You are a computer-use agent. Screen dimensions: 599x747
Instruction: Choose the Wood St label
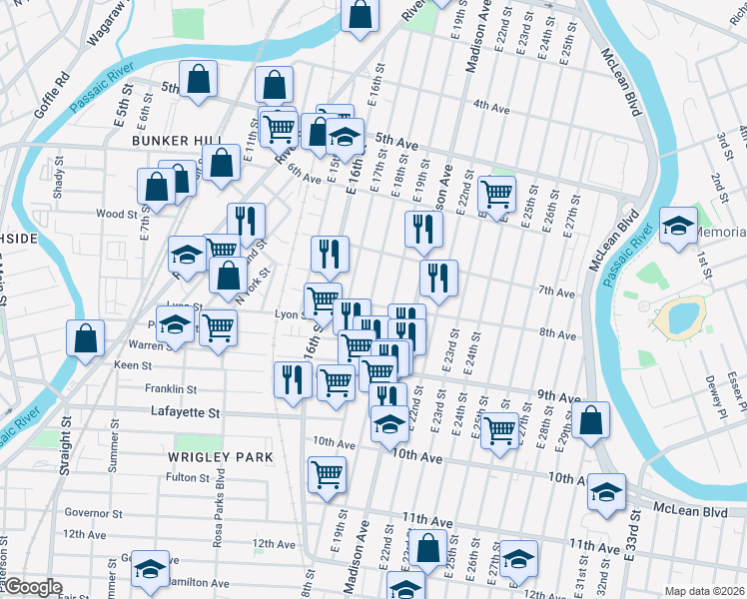coord(116,214)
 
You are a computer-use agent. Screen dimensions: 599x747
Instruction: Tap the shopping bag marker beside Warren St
coord(86,337)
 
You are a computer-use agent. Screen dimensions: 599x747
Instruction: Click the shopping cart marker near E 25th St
coord(497,191)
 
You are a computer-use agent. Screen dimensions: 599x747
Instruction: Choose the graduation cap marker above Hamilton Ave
coord(151,568)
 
